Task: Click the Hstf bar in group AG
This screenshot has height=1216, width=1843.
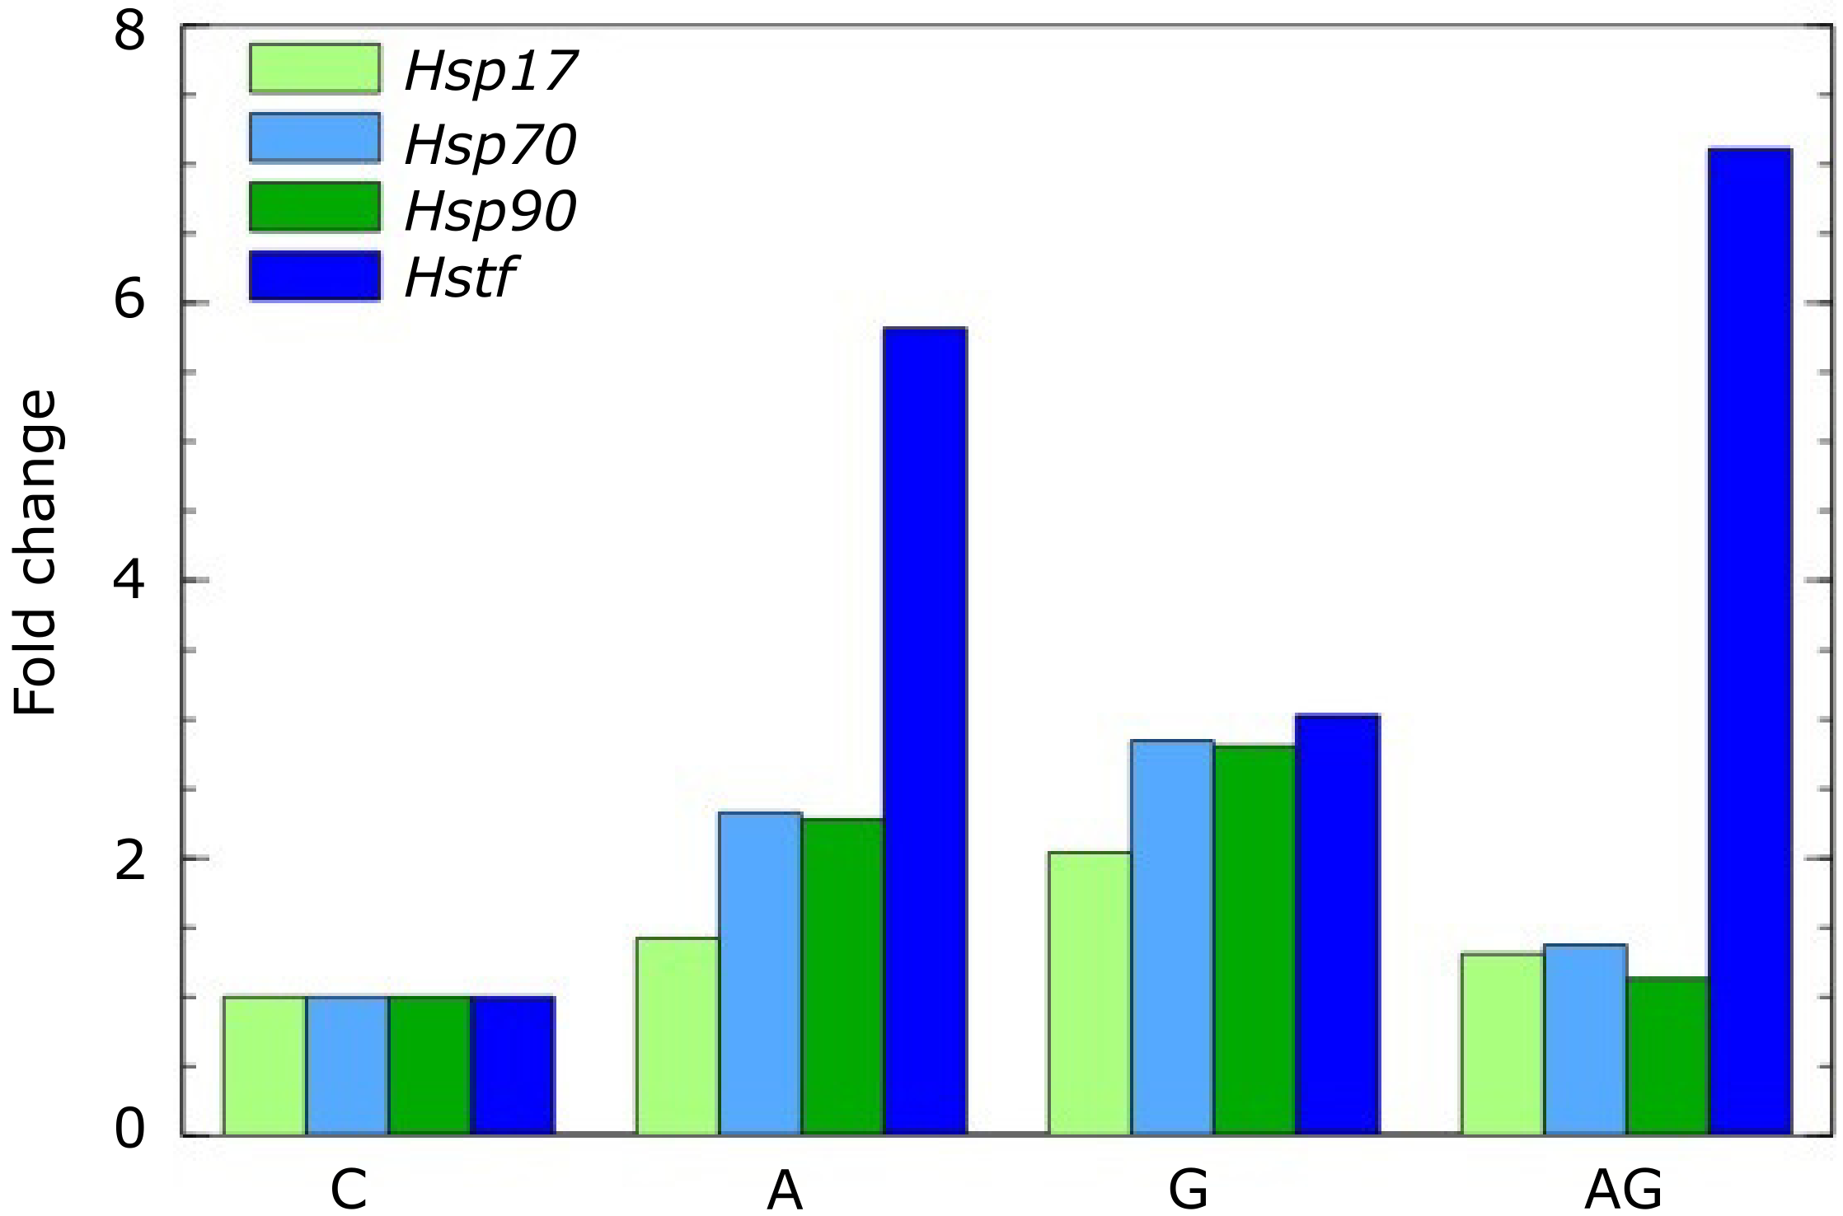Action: pos(1750,643)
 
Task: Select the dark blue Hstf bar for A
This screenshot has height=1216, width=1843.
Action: pos(925,732)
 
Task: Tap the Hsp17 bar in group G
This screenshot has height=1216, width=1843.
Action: pos(1090,994)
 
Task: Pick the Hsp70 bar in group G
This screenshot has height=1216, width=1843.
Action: pos(1172,938)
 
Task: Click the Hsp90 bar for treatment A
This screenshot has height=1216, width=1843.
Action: pos(842,977)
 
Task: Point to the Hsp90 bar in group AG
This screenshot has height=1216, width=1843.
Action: pos(1667,1056)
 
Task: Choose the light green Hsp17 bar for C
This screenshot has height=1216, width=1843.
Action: pos(265,1066)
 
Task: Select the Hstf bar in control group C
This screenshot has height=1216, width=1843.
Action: pos(513,1066)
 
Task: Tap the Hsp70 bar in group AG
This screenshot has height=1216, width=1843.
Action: pos(1585,1040)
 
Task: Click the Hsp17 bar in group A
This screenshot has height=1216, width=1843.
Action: pos(678,1036)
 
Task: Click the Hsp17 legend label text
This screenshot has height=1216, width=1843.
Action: pos(491,71)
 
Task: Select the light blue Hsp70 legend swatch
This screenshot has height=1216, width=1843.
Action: pos(315,138)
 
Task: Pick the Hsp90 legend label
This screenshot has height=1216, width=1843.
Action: pos(491,211)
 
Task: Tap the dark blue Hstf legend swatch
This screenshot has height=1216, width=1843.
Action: pos(315,276)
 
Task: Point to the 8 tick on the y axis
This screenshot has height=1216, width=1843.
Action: pos(130,33)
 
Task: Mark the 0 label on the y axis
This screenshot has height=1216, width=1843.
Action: pos(129,1129)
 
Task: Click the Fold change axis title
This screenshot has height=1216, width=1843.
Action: pos(36,552)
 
